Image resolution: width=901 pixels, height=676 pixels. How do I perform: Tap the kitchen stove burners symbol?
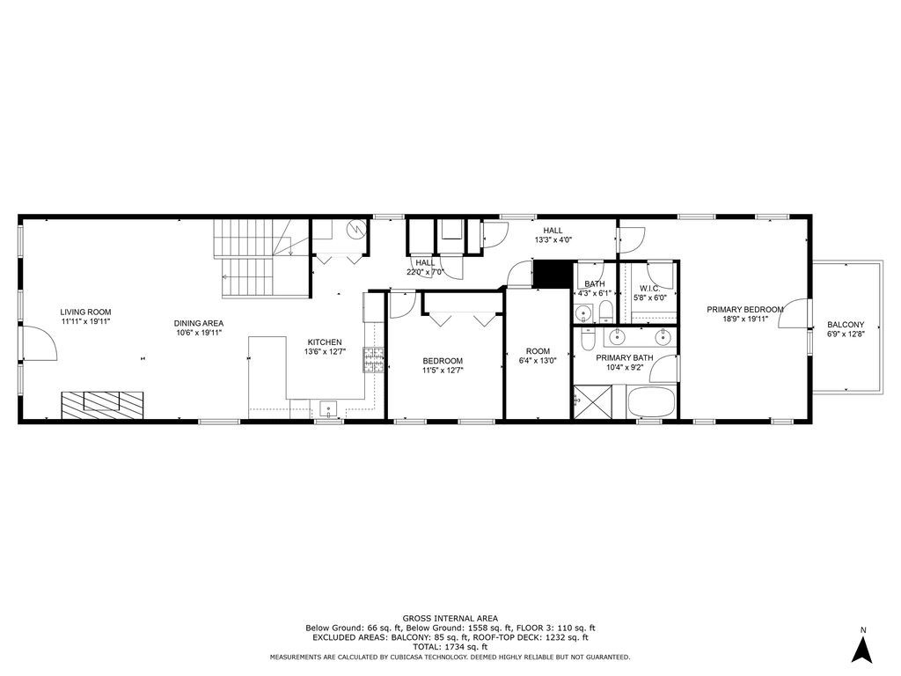(x=374, y=360)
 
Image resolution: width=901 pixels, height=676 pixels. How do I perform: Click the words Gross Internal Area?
(x=450, y=619)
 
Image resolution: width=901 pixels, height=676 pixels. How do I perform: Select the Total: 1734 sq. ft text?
(x=450, y=647)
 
